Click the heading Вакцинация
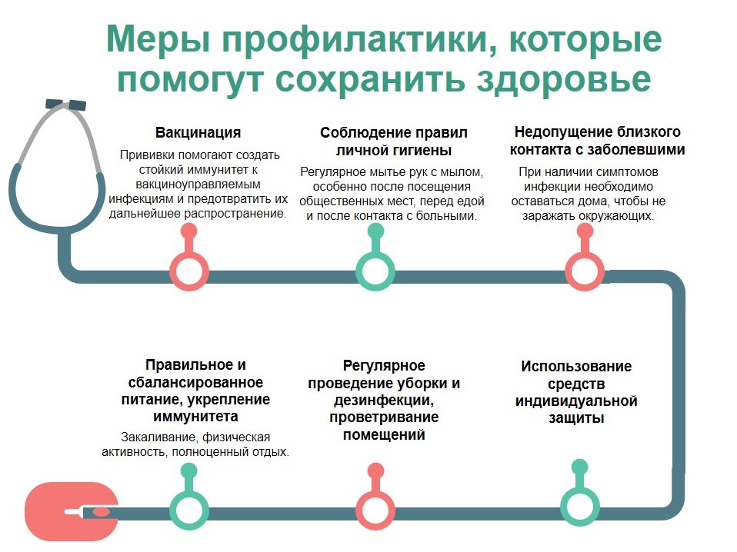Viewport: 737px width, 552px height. pyautogui.click(x=198, y=132)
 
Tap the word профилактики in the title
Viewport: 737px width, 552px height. pyautogui.click(x=356, y=39)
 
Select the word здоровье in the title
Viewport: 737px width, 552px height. pyautogui.click(x=564, y=79)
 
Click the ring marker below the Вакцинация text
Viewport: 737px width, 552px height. pyautogui.click(x=189, y=271)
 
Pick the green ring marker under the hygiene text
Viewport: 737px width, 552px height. pyautogui.click(x=375, y=271)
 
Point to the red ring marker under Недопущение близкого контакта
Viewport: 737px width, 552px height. pyautogui.click(x=584, y=271)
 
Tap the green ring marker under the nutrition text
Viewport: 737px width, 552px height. pyautogui.click(x=189, y=510)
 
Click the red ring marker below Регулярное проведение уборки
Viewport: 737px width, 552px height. pyautogui.click(x=375, y=510)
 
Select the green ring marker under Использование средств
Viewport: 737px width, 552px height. pyautogui.click(x=579, y=507)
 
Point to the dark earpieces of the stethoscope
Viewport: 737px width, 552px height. pyautogui.click(x=66, y=105)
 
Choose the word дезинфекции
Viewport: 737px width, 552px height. pyautogui.click(x=384, y=401)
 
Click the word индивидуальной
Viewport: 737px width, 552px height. pyautogui.click(x=576, y=401)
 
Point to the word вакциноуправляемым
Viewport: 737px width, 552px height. pyautogui.click(x=198, y=185)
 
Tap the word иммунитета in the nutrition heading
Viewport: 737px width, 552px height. pyautogui.click(x=195, y=417)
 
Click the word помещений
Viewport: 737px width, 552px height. pyautogui.click(x=384, y=435)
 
